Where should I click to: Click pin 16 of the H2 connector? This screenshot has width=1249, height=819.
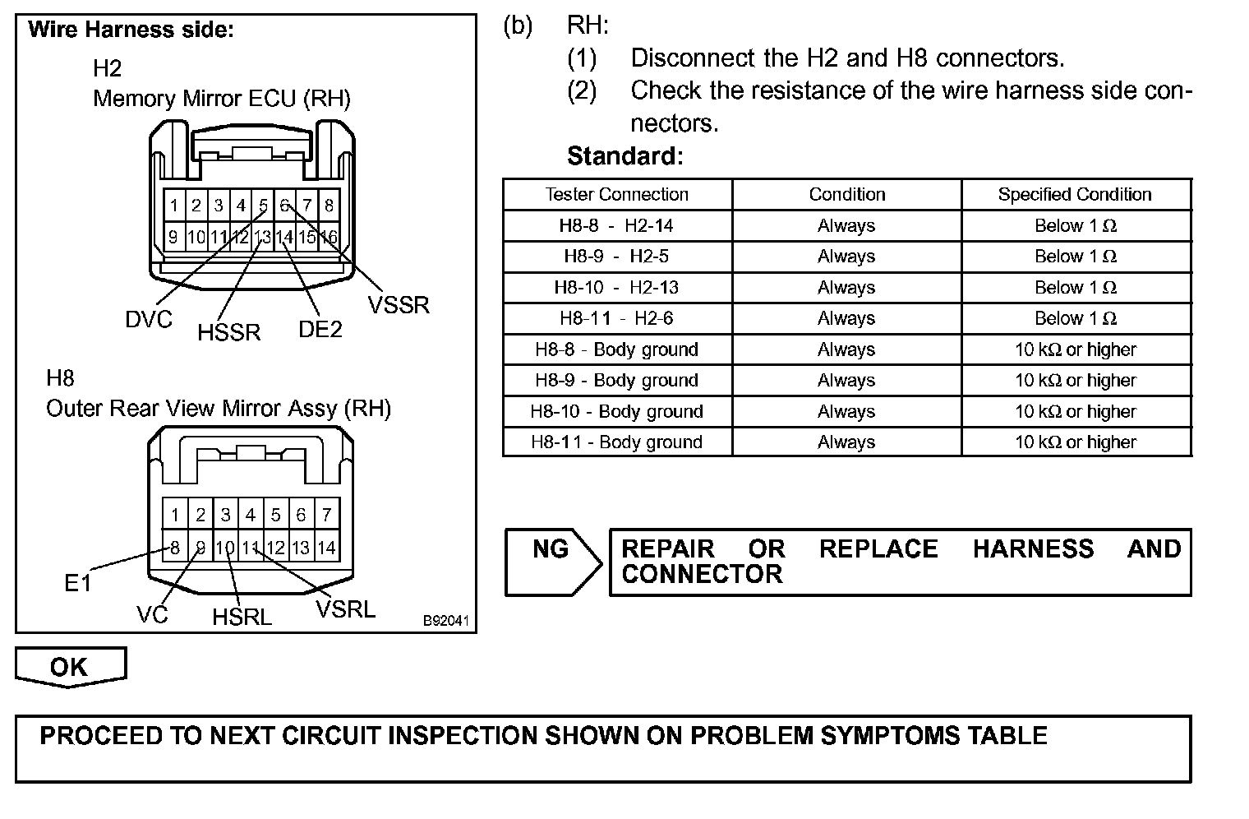pos(328,238)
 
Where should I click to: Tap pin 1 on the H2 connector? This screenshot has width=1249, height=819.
pos(174,206)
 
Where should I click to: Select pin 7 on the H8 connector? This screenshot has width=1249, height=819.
pos(326,516)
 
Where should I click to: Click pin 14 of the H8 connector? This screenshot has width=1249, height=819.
pos(326,548)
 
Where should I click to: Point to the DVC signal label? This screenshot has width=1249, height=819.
pos(149,320)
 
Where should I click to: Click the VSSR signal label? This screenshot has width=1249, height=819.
pos(399,305)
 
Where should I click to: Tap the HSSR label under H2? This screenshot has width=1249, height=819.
pos(228,332)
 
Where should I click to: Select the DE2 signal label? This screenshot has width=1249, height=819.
pos(320,330)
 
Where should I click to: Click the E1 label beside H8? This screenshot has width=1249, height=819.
pos(77,584)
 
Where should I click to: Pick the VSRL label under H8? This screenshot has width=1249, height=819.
pos(345,609)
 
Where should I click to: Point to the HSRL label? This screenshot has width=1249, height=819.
pos(242,617)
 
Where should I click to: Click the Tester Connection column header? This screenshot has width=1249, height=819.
pos(617,195)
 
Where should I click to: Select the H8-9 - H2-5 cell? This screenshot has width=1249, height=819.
pos(617,257)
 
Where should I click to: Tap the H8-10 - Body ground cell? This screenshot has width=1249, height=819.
pos(617,411)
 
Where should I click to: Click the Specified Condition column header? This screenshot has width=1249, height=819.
pos(1075,195)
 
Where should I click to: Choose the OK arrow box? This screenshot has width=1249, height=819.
pos(71,666)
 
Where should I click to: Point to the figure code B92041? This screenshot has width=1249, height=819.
pos(446,620)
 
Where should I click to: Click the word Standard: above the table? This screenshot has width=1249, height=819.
pos(624,156)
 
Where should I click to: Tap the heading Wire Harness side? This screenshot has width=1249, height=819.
pos(131,30)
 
